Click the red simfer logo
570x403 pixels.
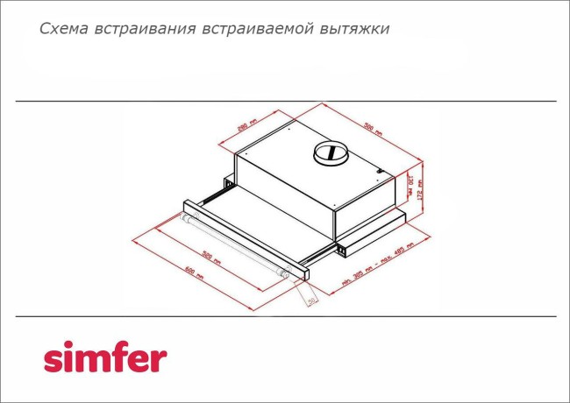(x=105, y=358)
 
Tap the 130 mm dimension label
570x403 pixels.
(x=409, y=186)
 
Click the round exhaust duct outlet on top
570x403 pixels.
(x=331, y=154)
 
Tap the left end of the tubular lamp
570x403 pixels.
(x=186, y=221)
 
